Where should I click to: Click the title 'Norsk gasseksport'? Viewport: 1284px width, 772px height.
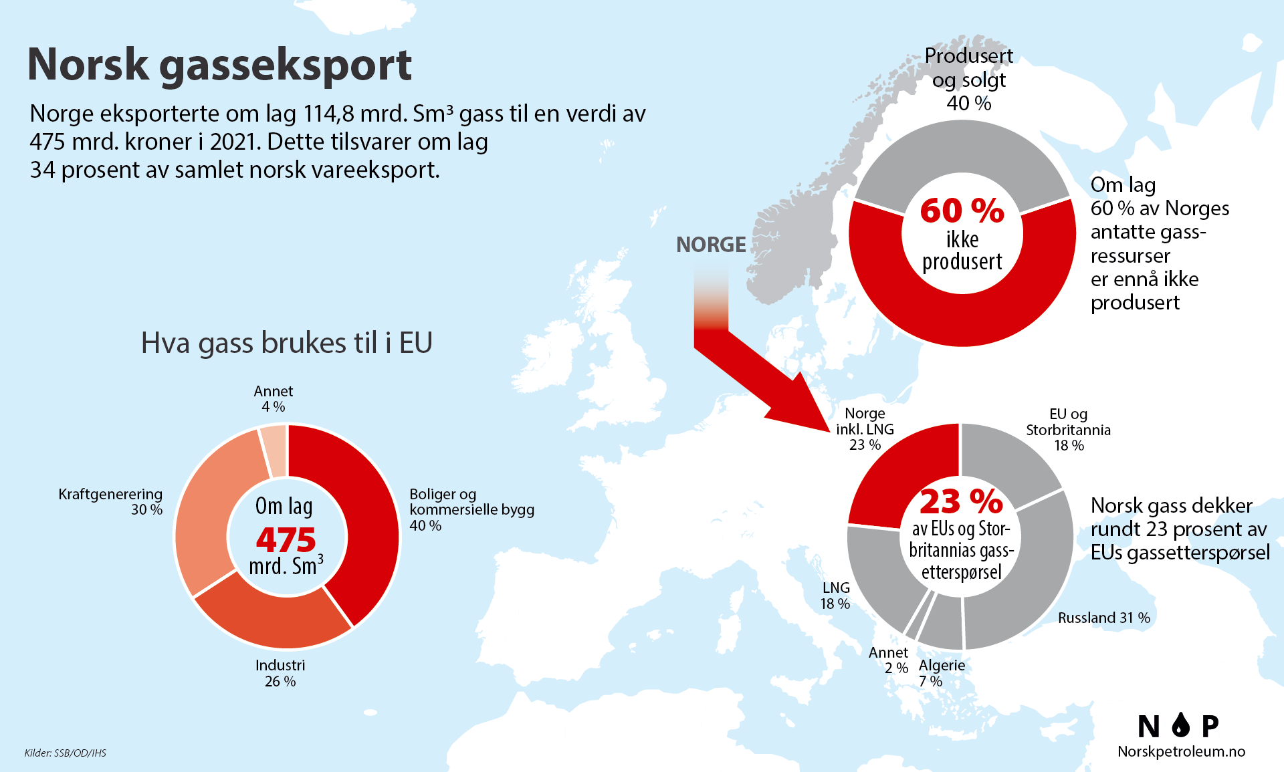(x=219, y=65)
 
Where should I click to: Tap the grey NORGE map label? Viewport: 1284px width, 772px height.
(x=711, y=245)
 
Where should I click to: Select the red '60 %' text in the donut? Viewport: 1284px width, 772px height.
(x=962, y=211)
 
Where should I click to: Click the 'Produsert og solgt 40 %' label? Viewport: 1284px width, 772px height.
(x=968, y=80)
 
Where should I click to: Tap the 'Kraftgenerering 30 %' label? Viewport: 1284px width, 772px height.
(x=111, y=501)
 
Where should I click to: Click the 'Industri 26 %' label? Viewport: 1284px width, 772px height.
(x=280, y=673)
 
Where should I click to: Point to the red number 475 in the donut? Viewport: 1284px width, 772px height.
(x=286, y=540)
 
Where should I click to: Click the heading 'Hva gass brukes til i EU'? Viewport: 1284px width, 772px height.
(x=286, y=343)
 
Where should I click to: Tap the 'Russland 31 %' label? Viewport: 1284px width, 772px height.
(x=1103, y=618)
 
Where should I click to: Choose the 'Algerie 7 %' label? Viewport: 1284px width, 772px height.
(x=941, y=673)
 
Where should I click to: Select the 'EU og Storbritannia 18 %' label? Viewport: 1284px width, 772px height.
(x=1068, y=429)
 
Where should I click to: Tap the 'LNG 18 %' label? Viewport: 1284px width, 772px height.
(x=835, y=596)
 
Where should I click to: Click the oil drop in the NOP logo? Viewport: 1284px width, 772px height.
(x=1181, y=725)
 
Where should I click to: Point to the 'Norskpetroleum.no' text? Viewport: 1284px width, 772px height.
(x=1181, y=751)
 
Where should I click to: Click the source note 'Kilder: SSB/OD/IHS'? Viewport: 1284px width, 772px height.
(x=66, y=753)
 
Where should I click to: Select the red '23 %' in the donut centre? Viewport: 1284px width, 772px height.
(x=961, y=501)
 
